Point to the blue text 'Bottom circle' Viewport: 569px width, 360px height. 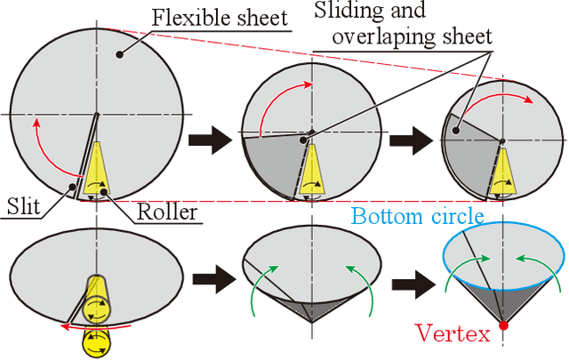pyautogui.click(x=417, y=216)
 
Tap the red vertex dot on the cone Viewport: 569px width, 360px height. pyautogui.click(x=503, y=326)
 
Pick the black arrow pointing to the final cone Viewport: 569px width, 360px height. pyautogui.click(x=415, y=285)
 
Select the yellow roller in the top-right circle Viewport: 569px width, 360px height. pyautogui.click(x=503, y=171)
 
